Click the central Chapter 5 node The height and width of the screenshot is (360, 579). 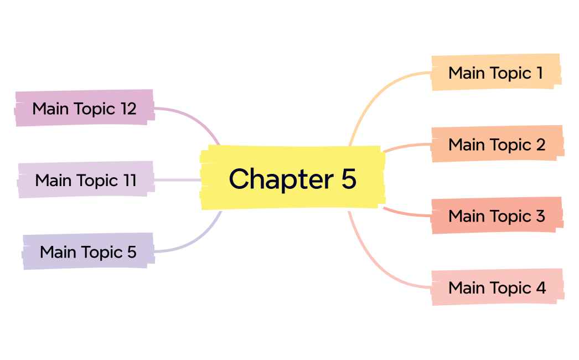(292, 178)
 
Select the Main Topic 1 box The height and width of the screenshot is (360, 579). (496, 72)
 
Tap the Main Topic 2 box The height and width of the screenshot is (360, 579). (497, 144)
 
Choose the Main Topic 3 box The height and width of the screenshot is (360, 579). (497, 215)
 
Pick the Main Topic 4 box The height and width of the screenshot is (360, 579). (497, 287)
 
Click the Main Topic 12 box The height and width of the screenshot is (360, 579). (84, 108)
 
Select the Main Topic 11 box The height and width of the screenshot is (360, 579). (86, 180)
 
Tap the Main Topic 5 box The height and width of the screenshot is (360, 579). (87, 252)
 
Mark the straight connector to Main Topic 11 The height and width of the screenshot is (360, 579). (177, 180)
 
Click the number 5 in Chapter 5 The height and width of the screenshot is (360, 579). (349, 178)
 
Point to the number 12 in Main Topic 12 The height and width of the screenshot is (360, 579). (128, 109)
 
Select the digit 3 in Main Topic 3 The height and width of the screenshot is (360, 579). (540, 215)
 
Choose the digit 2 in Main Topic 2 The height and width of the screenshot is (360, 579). (540, 144)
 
